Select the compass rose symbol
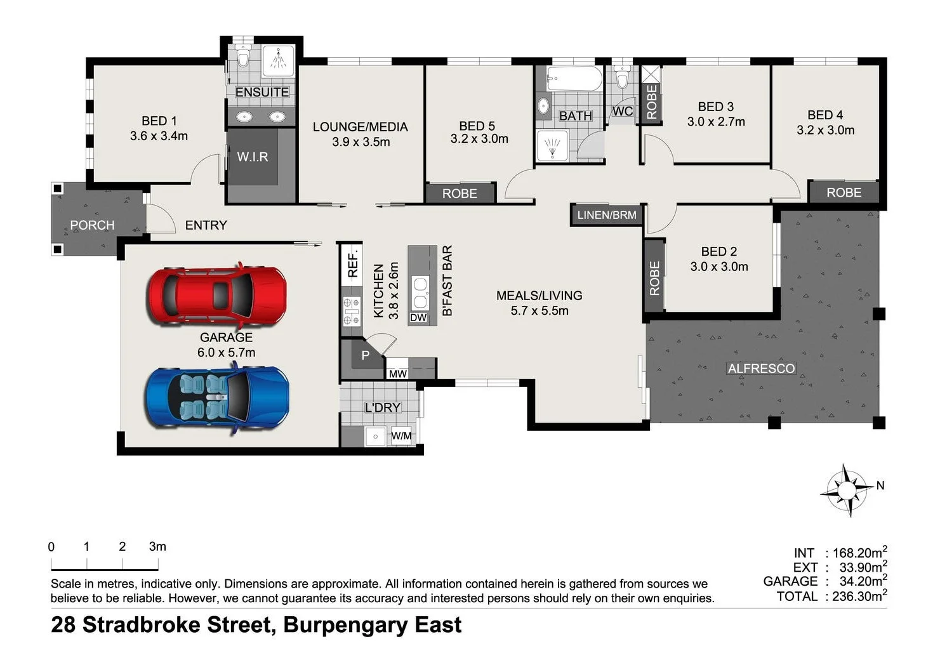(x=847, y=490)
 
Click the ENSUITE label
(x=261, y=92)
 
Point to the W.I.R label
(x=253, y=157)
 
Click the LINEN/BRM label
(x=607, y=215)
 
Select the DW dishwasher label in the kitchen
(x=418, y=317)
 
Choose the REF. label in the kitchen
(x=353, y=263)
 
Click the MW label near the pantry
(x=398, y=374)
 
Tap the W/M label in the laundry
(x=401, y=436)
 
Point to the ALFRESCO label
(x=761, y=369)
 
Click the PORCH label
(x=92, y=225)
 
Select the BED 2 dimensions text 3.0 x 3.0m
(x=719, y=267)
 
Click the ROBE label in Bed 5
(x=460, y=194)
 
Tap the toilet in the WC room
(x=622, y=79)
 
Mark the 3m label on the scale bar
(x=157, y=546)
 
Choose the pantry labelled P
(x=365, y=355)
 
